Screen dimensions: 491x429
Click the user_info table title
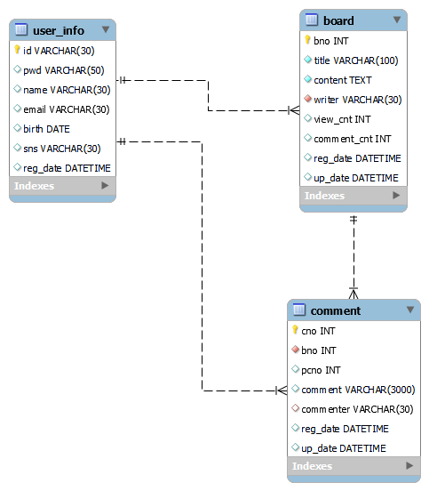(60, 30)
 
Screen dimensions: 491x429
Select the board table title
(338, 20)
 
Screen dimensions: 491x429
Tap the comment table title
(336, 310)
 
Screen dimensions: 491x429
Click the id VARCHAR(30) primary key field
(59, 51)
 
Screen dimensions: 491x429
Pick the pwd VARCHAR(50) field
(63, 70)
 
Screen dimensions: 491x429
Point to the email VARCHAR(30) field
(67, 109)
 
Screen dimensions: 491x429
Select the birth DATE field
(46, 129)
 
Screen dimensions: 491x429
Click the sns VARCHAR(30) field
(62, 149)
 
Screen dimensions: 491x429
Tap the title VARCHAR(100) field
(356, 60)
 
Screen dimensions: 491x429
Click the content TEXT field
(343, 80)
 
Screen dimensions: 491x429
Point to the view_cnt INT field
(342, 119)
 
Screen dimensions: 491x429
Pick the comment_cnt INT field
(352, 139)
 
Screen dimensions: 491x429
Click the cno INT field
(318, 331)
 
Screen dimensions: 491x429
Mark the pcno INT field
(321, 370)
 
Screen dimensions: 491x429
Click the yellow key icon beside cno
(296, 330)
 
